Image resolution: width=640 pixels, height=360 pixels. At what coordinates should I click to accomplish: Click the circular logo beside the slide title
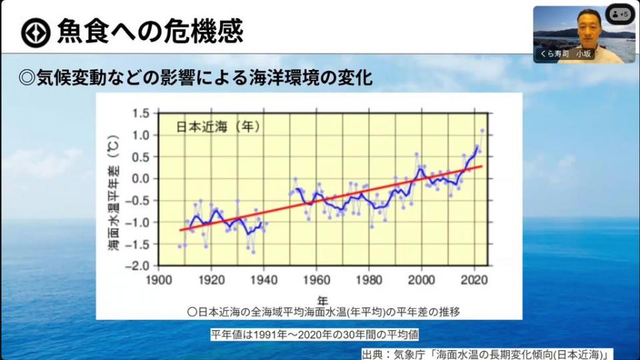coord(35,32)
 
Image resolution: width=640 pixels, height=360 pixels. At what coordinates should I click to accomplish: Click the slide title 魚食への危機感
coord(149,31)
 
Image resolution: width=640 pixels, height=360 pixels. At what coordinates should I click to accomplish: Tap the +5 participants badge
coord(620,14)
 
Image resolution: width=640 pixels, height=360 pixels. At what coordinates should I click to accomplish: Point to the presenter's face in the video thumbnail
coord(587,25)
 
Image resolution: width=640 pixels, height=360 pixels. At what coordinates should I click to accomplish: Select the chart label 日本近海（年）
coord(217,126)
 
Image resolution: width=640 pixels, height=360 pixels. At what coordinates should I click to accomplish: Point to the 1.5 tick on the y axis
coord(140,113)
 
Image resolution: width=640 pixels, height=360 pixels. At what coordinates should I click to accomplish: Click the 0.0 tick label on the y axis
coord(140,179)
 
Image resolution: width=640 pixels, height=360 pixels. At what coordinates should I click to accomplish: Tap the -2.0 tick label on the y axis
coord(138,265)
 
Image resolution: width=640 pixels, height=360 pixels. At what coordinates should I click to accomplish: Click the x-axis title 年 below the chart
coord(323,298)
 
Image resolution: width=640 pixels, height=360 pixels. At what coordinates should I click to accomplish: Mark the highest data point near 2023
coord(482,131)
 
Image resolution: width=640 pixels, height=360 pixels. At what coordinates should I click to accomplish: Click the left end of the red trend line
coord(180,230)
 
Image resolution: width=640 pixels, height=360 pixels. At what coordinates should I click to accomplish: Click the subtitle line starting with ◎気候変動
coord(195,77)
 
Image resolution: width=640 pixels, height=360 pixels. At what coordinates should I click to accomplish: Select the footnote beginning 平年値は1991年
coord(315,334)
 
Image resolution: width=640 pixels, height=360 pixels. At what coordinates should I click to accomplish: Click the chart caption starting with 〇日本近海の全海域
coord(323,311)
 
